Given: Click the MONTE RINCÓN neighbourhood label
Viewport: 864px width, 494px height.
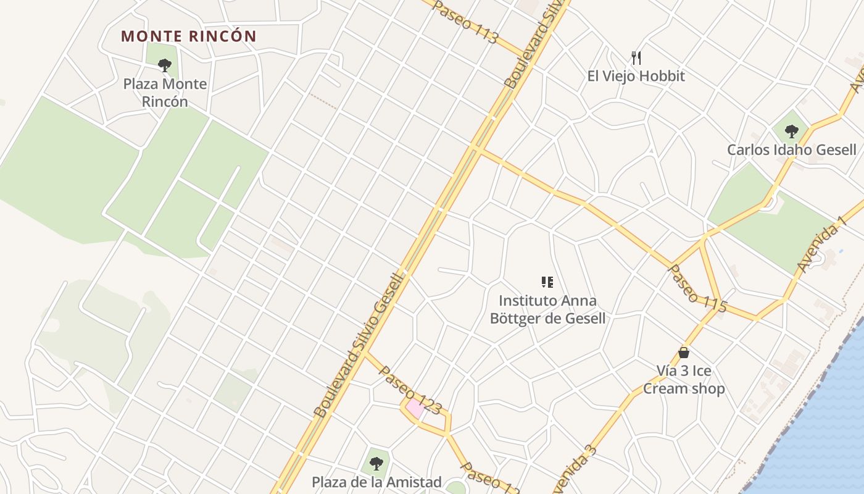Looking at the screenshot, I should [188, 36].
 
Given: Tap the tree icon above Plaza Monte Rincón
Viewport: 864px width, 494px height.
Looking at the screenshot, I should [164, 65].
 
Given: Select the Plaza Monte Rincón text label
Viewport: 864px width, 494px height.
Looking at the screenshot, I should [165, 93].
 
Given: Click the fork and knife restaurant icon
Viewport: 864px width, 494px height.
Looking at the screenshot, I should [636, 58].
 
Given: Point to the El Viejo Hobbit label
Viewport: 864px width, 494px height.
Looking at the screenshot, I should [636, 76].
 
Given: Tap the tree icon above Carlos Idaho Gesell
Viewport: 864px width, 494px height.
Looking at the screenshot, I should [791, 131].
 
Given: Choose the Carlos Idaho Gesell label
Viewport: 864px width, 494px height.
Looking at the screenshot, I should [791, 149].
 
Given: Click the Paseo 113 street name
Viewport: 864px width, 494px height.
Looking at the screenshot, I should [465, 22].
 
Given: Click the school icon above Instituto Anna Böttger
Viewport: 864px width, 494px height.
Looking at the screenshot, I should [547, 282].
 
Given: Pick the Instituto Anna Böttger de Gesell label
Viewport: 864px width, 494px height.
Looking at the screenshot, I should [547, 309].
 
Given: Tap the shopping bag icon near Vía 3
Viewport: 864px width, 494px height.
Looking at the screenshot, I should [683, 353].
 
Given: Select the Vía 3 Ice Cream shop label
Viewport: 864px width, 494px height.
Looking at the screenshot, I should [684, 380].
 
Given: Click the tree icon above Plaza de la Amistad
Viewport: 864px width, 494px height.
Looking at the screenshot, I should [376, 463].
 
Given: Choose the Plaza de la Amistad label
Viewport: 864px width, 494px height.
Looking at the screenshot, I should [376, 482].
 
